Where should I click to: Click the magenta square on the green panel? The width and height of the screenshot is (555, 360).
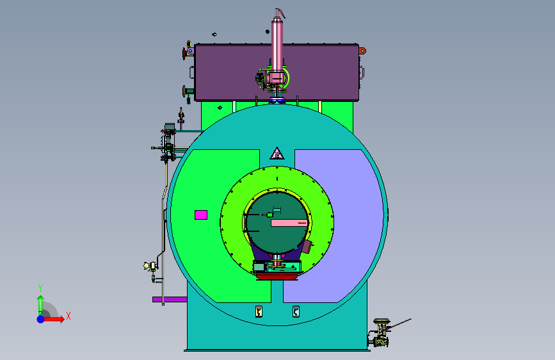(201, 215)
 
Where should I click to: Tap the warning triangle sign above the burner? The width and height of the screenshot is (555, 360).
(277, 154)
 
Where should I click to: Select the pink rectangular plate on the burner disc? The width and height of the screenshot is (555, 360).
(289, 223)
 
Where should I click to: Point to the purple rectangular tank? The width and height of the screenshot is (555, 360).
(277, 72)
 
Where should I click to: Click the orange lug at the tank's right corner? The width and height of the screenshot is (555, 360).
(362, 51)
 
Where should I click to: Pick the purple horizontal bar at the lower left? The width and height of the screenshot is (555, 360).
(170, 299)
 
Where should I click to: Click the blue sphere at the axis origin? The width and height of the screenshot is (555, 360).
(41, 319)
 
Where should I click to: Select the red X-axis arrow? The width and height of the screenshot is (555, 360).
(53, 319)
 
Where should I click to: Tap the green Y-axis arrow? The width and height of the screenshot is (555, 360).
(41, 306)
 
